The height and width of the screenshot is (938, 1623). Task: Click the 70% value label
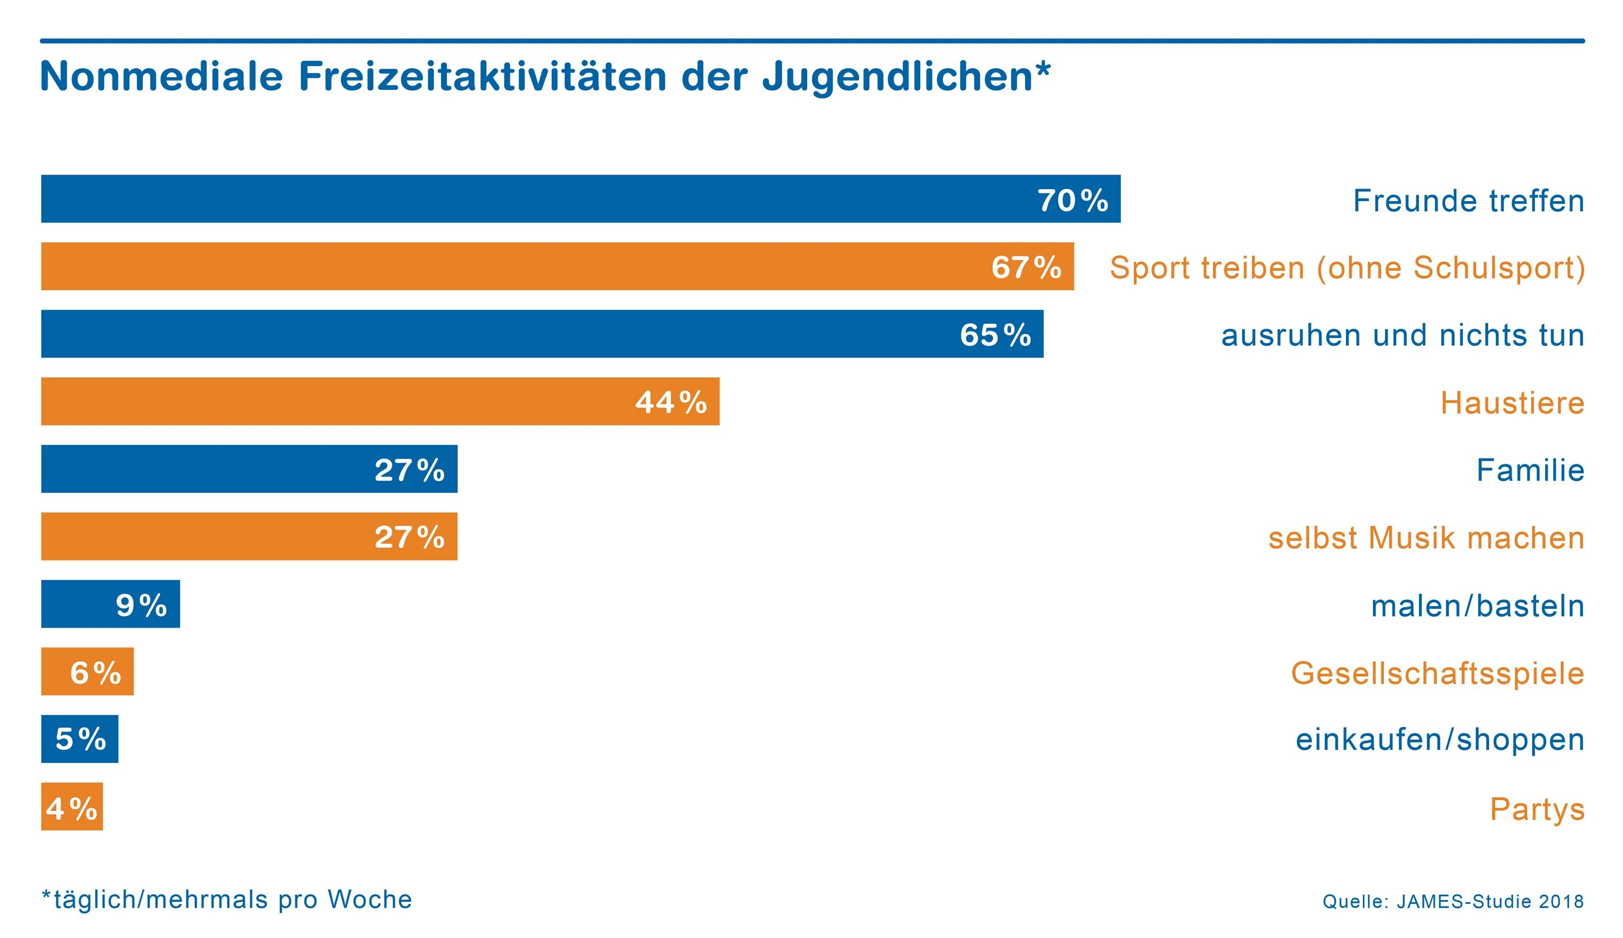[1072, 200]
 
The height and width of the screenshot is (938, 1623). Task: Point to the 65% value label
[995, 335]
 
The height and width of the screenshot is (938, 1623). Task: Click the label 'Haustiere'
[1512, 403]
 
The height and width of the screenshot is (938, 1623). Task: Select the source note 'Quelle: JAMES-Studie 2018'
[1453, 901]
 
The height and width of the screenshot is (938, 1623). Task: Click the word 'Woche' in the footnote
[370, 900]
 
